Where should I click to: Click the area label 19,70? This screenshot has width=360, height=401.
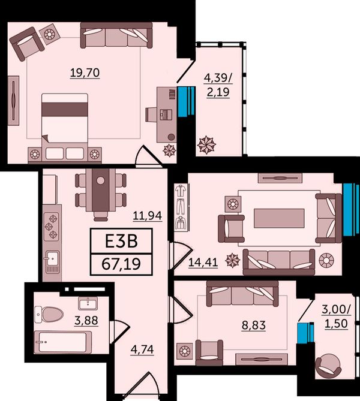pos(85,73)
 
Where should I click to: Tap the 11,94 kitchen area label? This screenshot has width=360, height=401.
pos(148,216)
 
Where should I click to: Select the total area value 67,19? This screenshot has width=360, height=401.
pos(121,264)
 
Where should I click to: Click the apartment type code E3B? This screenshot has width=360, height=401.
pos(121,241)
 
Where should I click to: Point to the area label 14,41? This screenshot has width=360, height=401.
pos(203,262)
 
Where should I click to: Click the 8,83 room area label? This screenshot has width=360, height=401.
pos(254,325)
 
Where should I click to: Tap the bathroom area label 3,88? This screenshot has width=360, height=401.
pos(86,320)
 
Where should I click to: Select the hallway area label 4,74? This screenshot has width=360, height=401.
pos(142,349)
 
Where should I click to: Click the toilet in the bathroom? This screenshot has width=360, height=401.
pos(49,314)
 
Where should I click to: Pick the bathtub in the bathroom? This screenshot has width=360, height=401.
pos(63,342)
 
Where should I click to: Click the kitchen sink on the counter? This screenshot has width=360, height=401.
pos(52,261)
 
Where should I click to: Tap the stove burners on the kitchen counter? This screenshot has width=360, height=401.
pos(52,227)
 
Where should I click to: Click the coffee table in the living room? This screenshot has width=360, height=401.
pos(279,218)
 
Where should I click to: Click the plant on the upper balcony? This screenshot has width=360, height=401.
pos(206,145)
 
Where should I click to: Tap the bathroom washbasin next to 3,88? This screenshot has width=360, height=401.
pos(88,303)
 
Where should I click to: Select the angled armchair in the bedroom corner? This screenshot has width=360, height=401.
pos(26,44)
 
